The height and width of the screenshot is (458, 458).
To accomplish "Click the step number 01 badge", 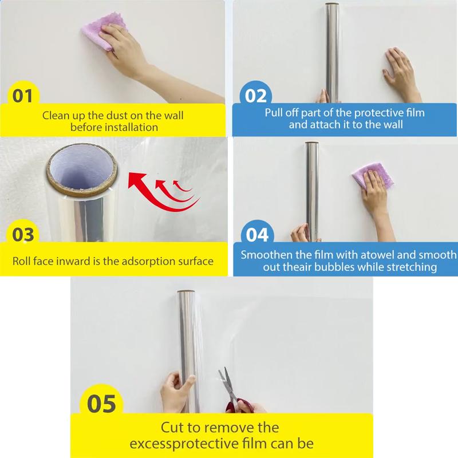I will (x=23, y=95).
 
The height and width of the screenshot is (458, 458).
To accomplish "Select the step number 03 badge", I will (x=23, y=235).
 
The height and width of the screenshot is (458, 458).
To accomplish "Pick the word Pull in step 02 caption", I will (x=275, y=112).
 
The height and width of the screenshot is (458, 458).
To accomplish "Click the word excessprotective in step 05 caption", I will (x=192, y=444).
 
